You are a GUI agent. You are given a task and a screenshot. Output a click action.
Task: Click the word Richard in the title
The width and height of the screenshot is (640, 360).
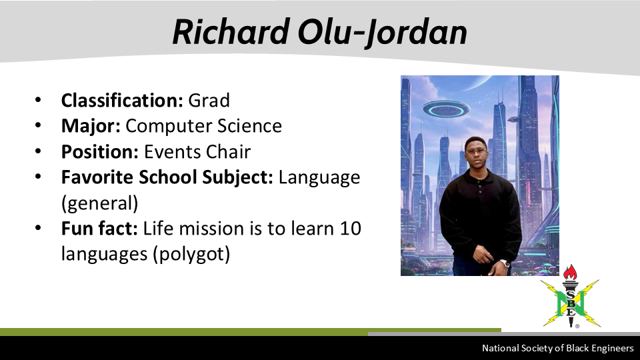[231, 32]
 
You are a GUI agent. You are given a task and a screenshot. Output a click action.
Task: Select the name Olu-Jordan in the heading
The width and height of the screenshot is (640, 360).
[383, 33]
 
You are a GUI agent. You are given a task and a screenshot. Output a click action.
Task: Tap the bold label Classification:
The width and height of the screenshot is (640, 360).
[122, 101]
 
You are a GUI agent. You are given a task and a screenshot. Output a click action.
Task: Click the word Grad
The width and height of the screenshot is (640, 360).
[209, 101]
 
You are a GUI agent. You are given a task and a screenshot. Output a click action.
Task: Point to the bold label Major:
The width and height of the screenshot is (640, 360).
[91, 126]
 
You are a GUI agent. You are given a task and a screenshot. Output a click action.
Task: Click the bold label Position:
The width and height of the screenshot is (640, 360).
[100, 152]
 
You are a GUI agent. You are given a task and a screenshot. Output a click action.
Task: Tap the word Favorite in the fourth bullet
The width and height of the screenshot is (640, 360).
[97, 177]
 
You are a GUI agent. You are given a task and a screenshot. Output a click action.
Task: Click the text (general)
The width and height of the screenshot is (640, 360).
[99, 203]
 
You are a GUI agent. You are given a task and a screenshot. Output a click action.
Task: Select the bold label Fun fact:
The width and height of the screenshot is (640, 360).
[99, 229]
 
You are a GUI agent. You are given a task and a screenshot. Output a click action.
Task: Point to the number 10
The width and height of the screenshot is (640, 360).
[350, 229]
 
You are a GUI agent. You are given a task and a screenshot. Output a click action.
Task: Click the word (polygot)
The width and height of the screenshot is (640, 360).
[191, 254]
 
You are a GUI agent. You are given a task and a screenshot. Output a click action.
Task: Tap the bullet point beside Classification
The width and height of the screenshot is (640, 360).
[38, 100]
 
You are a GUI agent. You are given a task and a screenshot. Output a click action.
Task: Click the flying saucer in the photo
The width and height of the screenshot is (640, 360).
[446, 109]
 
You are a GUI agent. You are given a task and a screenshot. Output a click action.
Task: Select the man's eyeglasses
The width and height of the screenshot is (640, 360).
[476, 151]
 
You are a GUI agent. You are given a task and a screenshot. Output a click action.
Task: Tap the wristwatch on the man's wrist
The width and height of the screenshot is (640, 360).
[505, 264]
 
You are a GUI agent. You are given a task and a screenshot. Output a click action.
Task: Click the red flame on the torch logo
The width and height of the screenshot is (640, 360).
[570, 272]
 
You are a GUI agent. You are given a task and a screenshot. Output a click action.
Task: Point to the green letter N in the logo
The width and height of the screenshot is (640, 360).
[570, 303]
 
